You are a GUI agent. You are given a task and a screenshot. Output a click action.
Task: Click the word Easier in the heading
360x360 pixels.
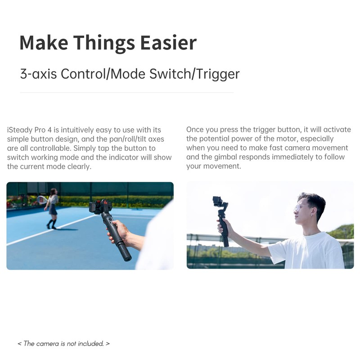(x=168, y=43)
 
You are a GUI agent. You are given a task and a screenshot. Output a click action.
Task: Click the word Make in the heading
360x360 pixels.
(x=44, y=43)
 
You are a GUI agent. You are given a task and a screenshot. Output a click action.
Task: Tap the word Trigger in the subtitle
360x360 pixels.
(x=218, y=74)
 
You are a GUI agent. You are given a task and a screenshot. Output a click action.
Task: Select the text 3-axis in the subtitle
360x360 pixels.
(x=38, y=74)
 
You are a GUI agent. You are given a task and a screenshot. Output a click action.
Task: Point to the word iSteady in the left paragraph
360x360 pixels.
(x=20, y=130)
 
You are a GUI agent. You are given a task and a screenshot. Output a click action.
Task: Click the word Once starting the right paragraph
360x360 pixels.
(x=195, y=130)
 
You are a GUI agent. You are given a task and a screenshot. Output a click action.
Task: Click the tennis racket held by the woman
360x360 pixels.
(x=42, y=199)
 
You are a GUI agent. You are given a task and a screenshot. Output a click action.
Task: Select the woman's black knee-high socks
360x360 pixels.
(x=51, y=224)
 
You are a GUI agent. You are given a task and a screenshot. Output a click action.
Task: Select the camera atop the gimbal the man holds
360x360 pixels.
(x=218, y=201)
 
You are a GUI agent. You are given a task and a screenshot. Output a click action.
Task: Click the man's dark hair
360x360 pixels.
(x=313, y=201)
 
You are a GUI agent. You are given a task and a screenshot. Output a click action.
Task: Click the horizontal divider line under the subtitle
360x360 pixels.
(x=127, y=93)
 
